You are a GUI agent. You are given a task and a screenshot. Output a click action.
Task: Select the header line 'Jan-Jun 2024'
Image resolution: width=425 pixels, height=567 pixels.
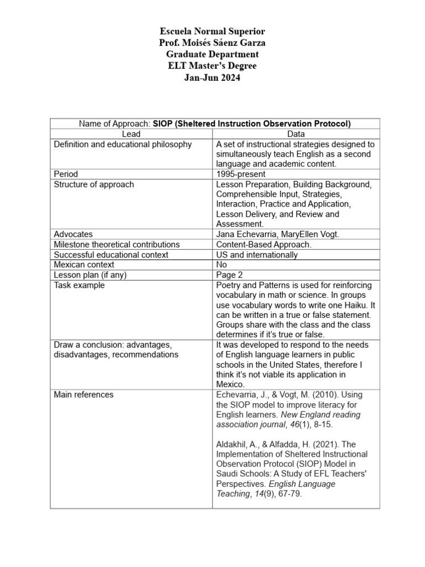click(212, 78)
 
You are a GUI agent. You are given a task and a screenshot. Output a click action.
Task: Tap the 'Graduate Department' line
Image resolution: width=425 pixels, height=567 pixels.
click(212, 54)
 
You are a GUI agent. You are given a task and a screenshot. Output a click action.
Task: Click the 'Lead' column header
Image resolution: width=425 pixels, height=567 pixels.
click(131, 134)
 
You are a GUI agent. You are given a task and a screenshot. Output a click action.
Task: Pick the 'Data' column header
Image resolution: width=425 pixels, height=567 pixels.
click(296, 134)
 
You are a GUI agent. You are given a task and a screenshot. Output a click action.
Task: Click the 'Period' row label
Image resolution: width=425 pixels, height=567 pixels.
click(66, 174)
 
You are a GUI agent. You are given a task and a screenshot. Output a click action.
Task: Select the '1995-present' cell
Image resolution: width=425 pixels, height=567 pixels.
click(241, 174)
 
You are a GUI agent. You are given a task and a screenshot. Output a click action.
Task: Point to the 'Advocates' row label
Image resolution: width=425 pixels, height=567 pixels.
click(73, 234)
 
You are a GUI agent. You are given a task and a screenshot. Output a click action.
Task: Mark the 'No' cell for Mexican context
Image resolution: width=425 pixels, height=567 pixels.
click(222, 265)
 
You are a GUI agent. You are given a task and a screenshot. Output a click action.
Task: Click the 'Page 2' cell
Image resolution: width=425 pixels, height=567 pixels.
click(230, 275)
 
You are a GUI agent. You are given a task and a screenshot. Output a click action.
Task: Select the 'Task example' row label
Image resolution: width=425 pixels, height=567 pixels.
click(79, 285)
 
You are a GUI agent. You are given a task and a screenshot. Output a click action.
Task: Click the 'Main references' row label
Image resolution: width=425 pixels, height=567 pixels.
click(84, 395)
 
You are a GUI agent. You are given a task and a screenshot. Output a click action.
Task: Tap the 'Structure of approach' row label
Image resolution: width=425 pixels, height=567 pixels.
click(94, 184)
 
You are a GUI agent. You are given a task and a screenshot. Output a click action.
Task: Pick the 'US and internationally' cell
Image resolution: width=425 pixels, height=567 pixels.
click(257, 255)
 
